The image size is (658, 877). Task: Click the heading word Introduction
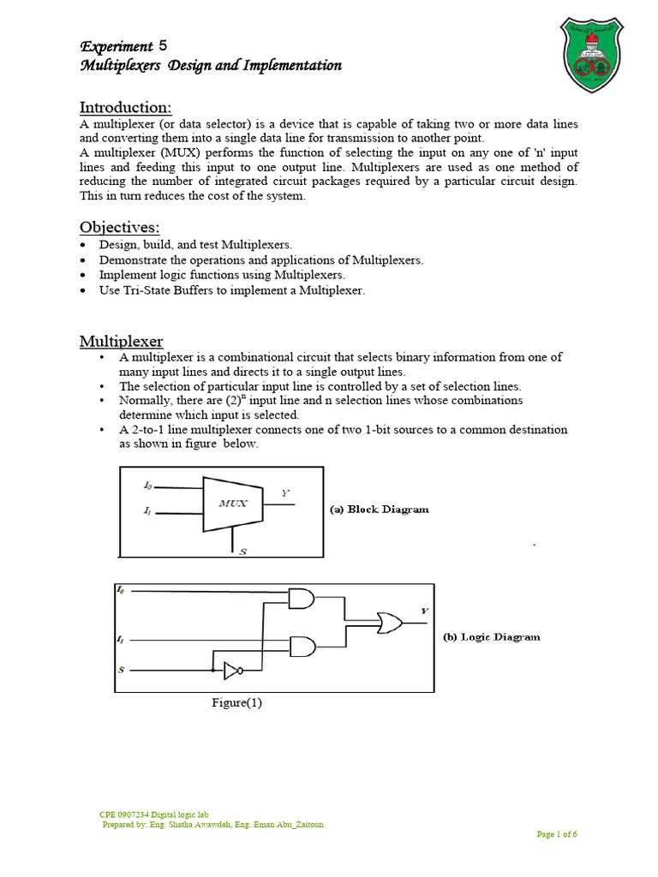coord(126,107)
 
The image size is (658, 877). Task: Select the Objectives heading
coord(120,227)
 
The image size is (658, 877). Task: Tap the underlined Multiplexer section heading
coord(122,341)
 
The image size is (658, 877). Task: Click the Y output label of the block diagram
coord(285,492)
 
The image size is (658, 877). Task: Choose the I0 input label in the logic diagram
coord(120,589)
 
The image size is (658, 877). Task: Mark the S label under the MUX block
coord(242,552)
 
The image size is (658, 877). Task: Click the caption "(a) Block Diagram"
coord(380,509)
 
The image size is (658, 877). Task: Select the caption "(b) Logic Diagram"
coord(491,637)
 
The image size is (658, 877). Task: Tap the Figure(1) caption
coord(237,703)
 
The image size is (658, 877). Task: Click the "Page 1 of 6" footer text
coord(557,834)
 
